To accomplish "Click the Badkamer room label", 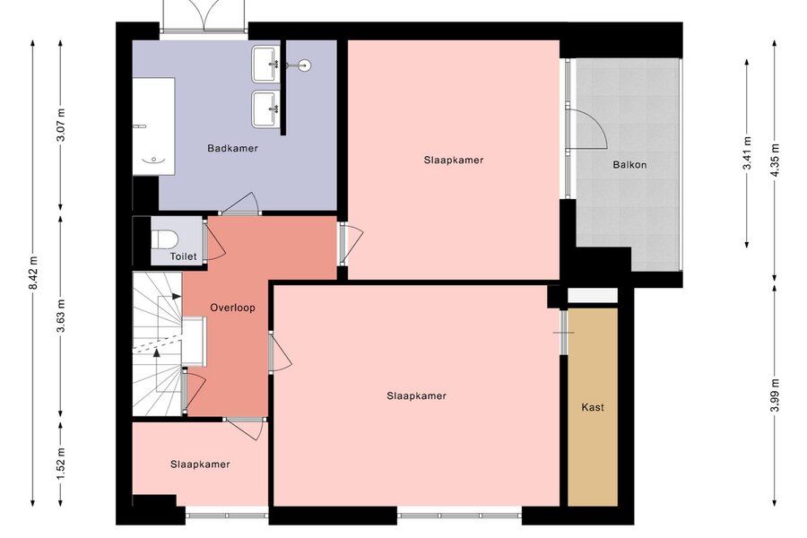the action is tap(232, 148).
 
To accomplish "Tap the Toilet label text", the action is tap(183, 256).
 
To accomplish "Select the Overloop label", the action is tap(232, 308).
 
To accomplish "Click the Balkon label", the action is tap(629, 165).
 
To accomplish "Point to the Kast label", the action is tap(593, 407).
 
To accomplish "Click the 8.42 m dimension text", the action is tap(33, 273).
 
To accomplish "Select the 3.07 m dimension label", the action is tap(61, 126).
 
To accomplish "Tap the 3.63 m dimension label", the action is tap(61, 316).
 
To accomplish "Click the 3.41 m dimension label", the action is tap(747, 153).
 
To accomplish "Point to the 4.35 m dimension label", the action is tap(775, 160).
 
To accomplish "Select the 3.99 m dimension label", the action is tap(775, 395).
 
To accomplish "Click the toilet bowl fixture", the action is tap(164, 239).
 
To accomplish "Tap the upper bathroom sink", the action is tap(265, 65).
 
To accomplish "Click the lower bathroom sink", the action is tap(265, 109).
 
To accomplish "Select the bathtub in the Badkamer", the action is tap(154, 126).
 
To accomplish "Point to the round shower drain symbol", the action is tap(305, 65).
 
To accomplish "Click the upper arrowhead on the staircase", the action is tap(177, 297).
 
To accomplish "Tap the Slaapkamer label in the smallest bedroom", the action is tap(200, 464).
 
